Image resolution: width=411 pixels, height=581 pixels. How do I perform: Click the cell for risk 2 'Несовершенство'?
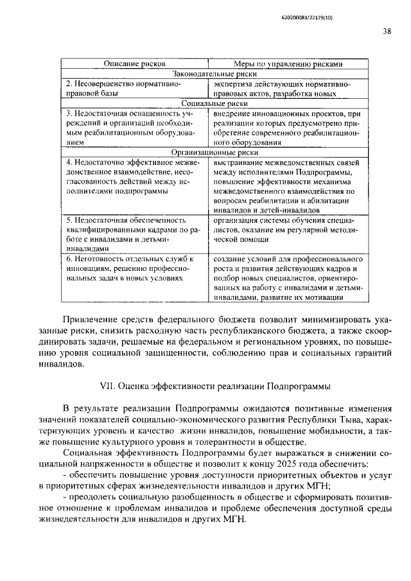pyautogui.click(x=123, y=89)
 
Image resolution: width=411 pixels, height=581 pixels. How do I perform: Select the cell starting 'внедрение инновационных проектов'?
pyautogui.click(x=286, y=127)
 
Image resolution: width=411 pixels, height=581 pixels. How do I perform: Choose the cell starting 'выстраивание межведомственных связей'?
pyautogui.click(x=286, y=186)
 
